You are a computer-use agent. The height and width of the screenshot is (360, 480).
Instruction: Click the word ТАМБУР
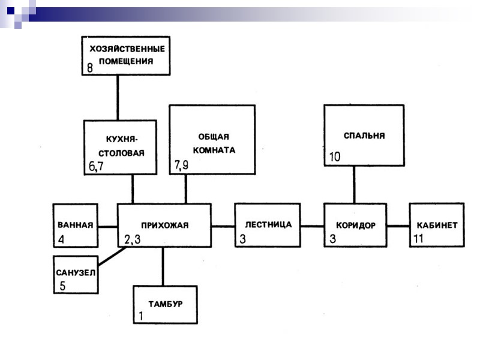(x=165, y=303)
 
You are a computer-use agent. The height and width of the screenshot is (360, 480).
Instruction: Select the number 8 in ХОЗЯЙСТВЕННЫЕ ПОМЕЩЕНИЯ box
(x=90, y=68)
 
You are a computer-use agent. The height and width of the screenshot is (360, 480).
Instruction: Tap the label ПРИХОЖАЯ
(x=164, y=226)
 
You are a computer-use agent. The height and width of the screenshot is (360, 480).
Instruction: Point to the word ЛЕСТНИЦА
(x=269, y=225)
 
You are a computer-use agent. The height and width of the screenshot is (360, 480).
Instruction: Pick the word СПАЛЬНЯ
(x=364, y=136)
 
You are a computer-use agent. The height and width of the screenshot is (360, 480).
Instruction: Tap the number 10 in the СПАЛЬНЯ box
(x=335, y=157)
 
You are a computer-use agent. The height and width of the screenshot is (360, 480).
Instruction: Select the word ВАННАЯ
(x=75, y=226)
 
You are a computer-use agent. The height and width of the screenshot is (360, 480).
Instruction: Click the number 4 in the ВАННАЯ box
(x=61, y=239)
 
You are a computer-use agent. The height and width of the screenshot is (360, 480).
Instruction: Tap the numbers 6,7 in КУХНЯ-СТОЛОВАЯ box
(x=97, y=167)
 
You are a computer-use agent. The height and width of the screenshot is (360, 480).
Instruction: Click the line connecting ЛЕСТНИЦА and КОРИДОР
(x=312, y=226)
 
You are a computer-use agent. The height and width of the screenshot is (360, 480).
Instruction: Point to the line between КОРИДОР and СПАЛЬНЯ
(x=354, y=185)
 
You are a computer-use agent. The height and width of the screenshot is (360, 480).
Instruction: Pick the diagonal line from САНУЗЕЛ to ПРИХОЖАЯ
(x=112, y=256)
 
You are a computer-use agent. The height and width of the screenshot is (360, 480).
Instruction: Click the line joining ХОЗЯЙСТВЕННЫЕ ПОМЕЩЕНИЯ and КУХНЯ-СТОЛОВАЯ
(x=118, y=97)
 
